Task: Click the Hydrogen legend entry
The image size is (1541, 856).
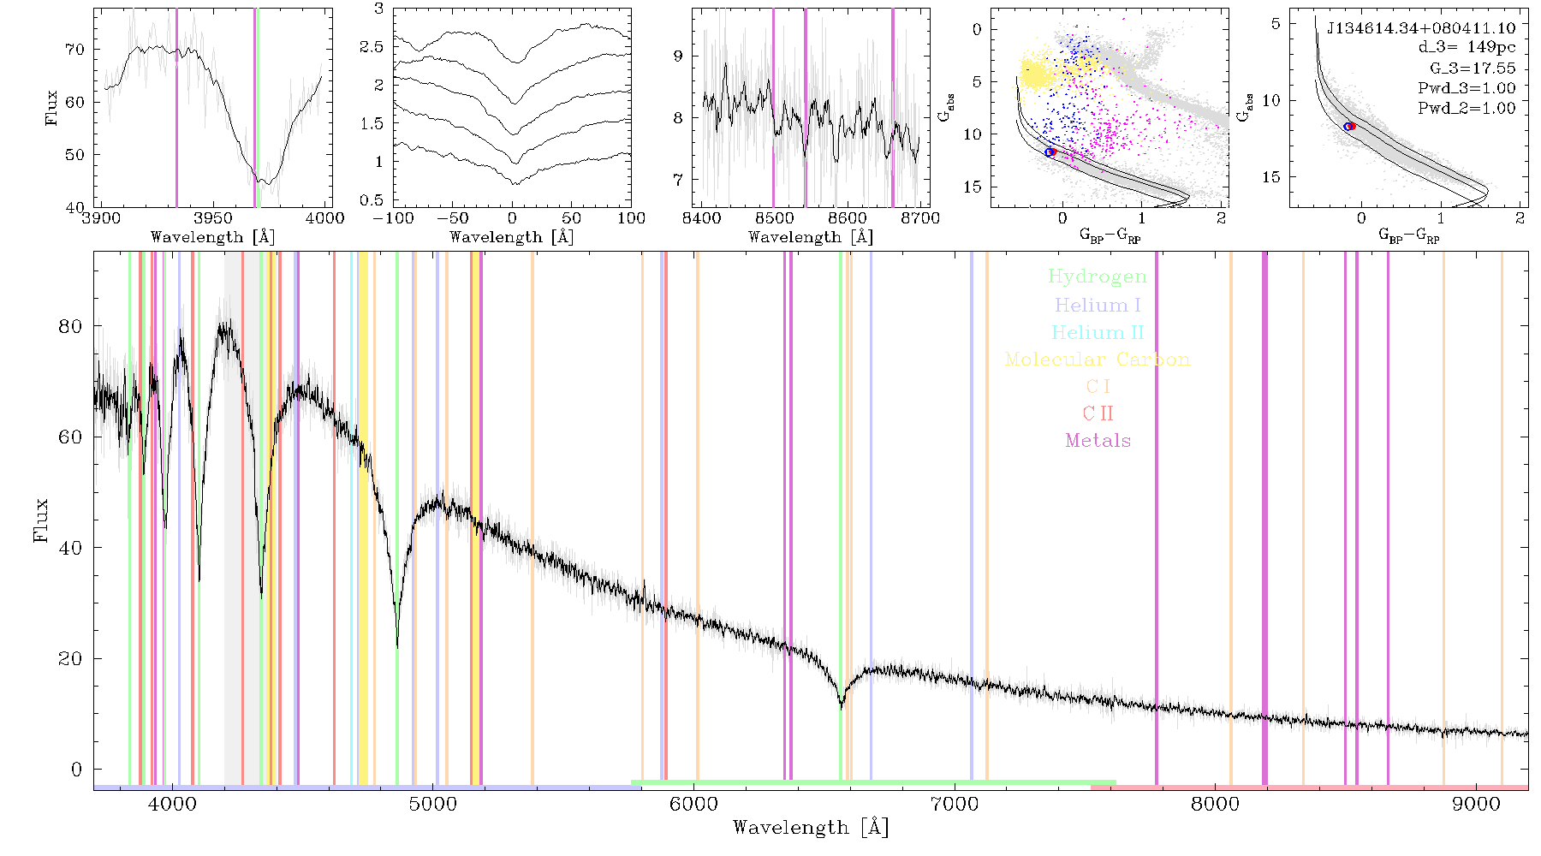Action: (1098, 277)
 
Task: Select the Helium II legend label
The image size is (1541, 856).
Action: (1098, 332)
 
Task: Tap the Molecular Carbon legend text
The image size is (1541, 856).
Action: (1098, 360)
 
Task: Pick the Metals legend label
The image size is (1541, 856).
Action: (1098, 441)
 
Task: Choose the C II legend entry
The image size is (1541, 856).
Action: (1098, 413)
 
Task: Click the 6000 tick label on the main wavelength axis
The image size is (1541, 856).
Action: (693, 804)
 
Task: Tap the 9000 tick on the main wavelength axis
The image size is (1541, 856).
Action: (1476, 804)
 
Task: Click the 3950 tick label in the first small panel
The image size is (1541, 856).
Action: (213, 218)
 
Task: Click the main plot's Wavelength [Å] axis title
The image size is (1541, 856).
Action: (811, 827)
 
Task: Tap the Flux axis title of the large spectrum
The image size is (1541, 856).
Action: (40, 520)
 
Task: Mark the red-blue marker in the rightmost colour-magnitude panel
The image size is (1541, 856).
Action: (1350, 127)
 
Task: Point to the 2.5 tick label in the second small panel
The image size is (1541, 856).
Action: (372, 47)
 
